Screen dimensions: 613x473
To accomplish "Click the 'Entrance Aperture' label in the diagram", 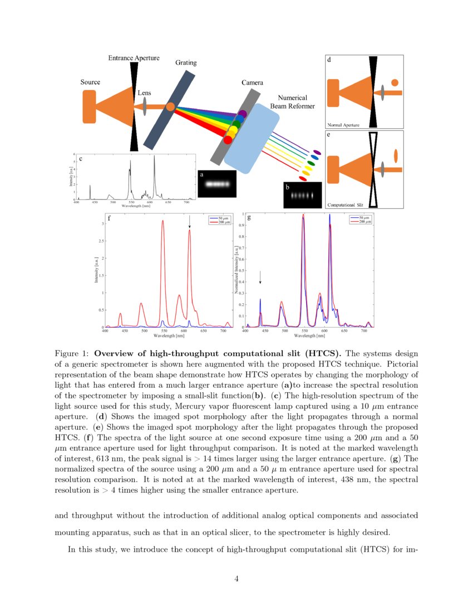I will click(134, 58).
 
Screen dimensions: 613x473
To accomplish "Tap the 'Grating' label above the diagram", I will click(186, 63).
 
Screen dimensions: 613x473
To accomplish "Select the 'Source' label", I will click(90, 82).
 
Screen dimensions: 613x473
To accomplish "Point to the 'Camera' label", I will click(252, 83).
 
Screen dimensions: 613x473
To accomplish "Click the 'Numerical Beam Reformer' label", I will click(296, 101).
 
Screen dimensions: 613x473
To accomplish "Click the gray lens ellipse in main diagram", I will click(145, 106).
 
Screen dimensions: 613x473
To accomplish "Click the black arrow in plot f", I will click(189, 222).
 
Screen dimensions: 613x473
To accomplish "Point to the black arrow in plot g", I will click(260, 278).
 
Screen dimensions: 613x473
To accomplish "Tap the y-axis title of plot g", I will click(237, 271).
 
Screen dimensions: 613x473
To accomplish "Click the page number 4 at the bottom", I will click(237, 579).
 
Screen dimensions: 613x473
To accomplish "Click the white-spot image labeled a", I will click(217, 183).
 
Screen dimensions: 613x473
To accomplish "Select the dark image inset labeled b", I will click(303, 196).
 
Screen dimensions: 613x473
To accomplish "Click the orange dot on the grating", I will click(170, 106).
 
